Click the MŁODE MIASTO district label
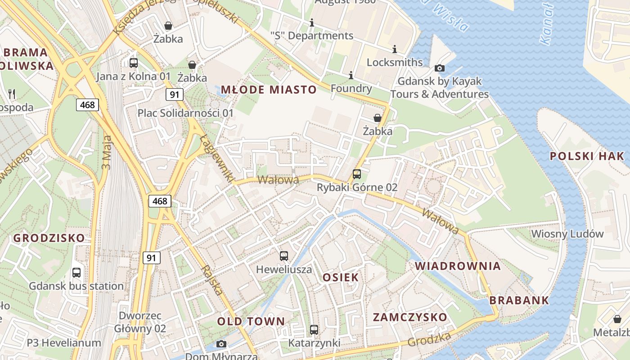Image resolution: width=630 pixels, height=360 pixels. [x=269, y=89]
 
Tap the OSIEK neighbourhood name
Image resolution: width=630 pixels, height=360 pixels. [x=341, y=277]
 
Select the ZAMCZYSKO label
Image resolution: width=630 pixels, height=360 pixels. [x=410, y=317]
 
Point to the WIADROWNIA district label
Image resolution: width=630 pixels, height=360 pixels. [x=458, y=266]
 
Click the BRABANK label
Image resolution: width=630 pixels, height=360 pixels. [x=519, y=300]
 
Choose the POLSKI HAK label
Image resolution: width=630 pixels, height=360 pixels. [x=587, y=156]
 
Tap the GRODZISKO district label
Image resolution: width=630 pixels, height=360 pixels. [x=49, y=238]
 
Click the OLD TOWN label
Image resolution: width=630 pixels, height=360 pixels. [x=251, y=321]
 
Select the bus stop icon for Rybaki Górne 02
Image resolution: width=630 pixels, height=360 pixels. [x=357, y=174]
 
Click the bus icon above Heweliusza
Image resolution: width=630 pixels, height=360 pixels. [x=284, y=256]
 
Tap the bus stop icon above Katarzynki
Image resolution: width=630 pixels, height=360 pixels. [x=314, y=330]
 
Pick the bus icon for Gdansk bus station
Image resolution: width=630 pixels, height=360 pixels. [x=76, y=272]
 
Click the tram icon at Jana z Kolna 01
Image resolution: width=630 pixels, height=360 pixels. [x=134, y=63]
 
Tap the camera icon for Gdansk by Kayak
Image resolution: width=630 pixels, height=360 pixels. [x=440, y=68]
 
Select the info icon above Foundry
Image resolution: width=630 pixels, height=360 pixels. [x=351, y=75]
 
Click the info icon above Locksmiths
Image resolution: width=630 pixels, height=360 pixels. [x=395, y=49]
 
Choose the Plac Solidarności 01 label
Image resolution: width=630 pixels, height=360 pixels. [x=185, y=113]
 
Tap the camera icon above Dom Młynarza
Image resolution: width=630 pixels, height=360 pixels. [x=221, y=344]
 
